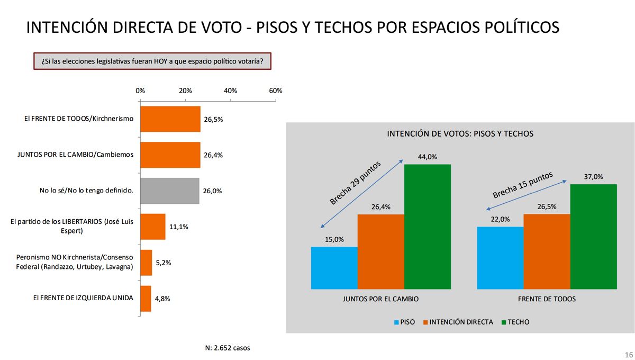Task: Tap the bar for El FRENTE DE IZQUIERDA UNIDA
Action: click(146, 299)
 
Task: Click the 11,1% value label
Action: click(178, 227)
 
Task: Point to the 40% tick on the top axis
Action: click(231, 91)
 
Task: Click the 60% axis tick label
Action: click(276, 91)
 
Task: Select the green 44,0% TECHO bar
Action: click(428, 227)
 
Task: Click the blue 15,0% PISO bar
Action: click(334, 268)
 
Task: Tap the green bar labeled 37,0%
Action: click(594, 237)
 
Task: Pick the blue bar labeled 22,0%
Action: click(500, 258)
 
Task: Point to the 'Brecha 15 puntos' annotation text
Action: click(522, 185)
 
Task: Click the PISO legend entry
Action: click(404, 322)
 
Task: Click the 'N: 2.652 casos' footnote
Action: click(228, 348)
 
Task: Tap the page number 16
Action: click(629, 354)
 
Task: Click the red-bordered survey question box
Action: click(152, 61)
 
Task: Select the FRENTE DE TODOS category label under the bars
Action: click(547, 299)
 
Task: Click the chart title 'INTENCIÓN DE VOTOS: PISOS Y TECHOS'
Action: click(460, 134)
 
